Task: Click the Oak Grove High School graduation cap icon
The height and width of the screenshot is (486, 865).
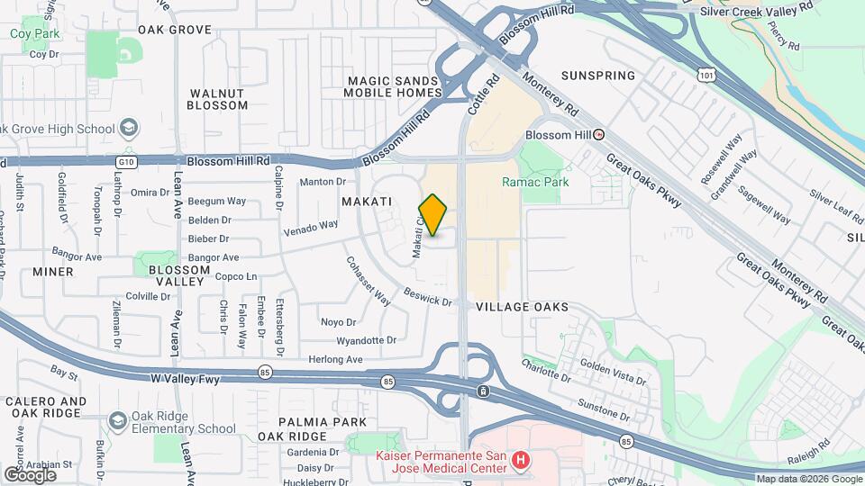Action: [x=128, y=128]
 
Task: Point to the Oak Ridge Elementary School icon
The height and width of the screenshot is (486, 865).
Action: [x=117, y=420]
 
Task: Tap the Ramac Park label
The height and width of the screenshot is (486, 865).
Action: [x=535, y=182]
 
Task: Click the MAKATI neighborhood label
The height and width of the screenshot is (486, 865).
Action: [x=366, y=202]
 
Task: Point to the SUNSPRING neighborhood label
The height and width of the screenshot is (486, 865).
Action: [x=597, y=76]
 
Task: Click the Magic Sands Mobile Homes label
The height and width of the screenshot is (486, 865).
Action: [x=395, y=86]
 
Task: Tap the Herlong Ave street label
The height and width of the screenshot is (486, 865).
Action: [x=336, y=359]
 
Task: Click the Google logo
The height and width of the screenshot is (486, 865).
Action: [x=29, y=474]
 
